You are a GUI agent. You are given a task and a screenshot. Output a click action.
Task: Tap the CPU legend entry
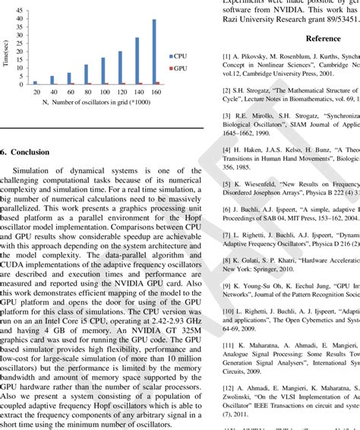point(178,56)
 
